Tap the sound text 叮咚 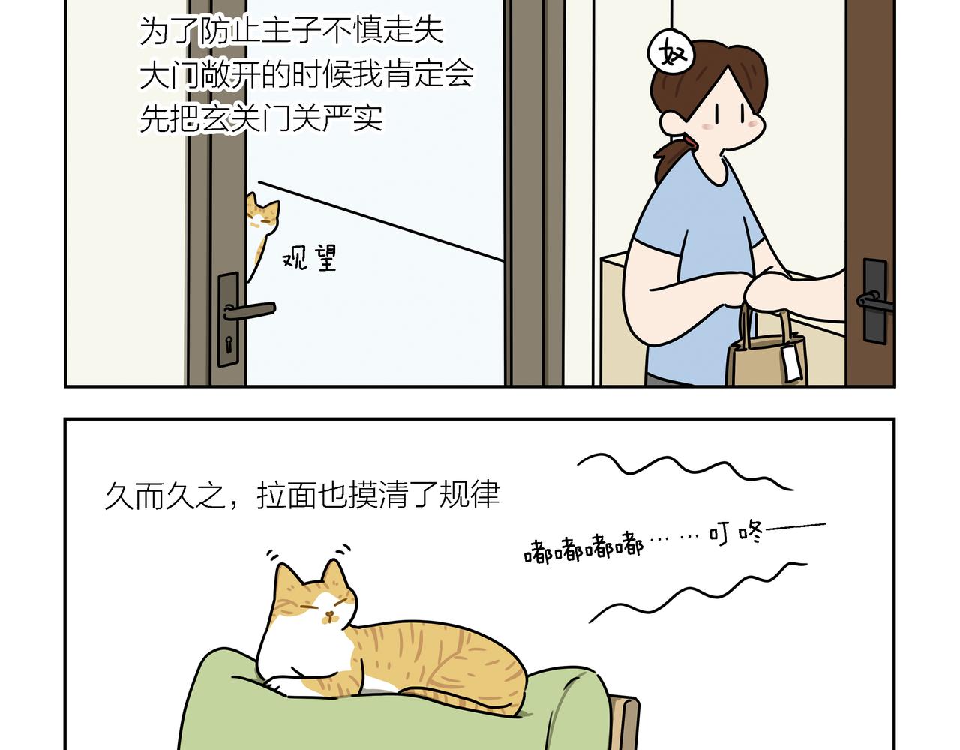pos(736,533)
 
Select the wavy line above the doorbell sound pos(684,472)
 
